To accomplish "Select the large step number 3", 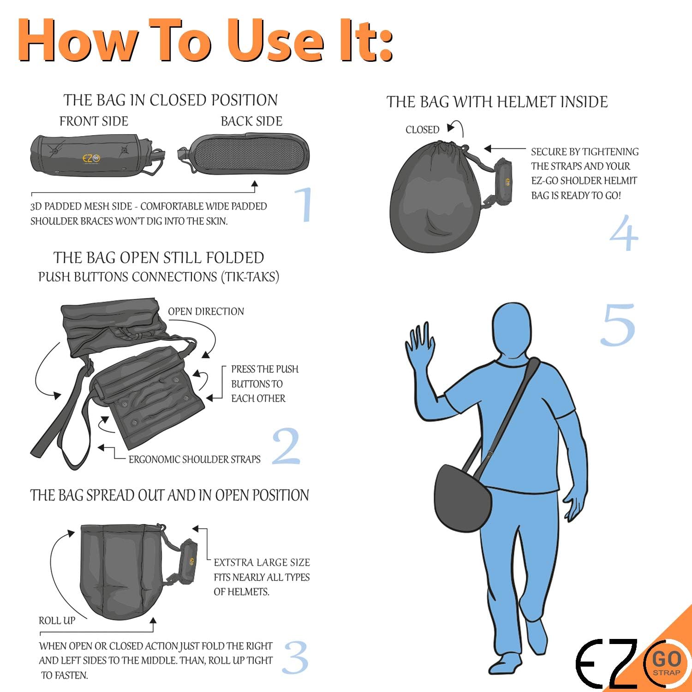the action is (x=295, y=657).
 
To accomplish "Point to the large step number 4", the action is (x=624, y=232).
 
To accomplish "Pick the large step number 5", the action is (x=618, y=325).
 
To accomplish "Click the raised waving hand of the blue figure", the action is (x=421, y=351).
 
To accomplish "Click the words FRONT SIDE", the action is (x=94, y=121).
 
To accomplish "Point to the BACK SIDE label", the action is (x=251, y=121).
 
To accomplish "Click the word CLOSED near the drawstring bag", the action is (x=422, y=130).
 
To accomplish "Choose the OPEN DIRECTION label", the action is (x=206, y=311).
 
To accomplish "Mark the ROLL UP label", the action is (x=57, y=620).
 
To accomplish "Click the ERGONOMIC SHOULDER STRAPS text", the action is (x=194, y=459).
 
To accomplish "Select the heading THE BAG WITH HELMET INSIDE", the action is (x=497, y=101).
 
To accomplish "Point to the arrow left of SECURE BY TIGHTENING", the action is (x=505, y=149).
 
